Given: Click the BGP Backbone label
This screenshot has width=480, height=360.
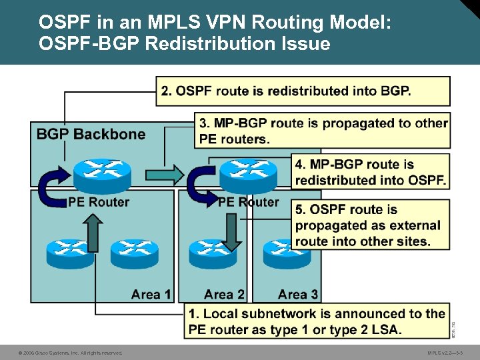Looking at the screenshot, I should point(91,134).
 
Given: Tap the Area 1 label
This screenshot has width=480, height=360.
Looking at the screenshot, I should point(151,294).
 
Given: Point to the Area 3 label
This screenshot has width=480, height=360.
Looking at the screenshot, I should point(298,294).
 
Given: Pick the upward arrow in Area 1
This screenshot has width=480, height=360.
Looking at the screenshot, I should point(94,233).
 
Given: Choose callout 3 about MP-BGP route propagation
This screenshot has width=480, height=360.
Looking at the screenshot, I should point(323,131).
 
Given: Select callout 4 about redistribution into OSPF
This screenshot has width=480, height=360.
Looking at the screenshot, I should point(370,172).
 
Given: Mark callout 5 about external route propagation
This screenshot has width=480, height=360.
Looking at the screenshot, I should point(370,225).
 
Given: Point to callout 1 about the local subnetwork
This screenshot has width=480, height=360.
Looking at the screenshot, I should point(317,321).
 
